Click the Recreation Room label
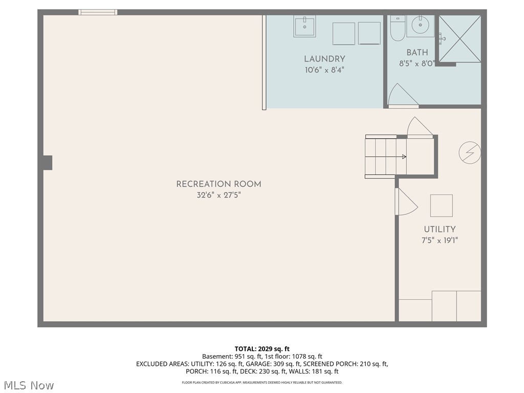pyautogui.click(x=219, y=184)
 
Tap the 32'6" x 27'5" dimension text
pyautogui.click(x=219, y=195)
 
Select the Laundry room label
pyautogui.click(x=324, y=59)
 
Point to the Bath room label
pyautogui.click(x=417, y=52)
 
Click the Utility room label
pyautogui.click(x=439, y=230)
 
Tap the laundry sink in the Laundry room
pyautogui.click(x=304, y=26)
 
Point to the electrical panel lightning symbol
pyautogui.click(x=470, y=152)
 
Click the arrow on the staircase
pyautogui.click(x=403, y=157)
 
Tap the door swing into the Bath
pyautogui.click(x=402, y=96)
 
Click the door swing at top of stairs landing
pyautogui.click(x=420, y=128)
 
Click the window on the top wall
pyautogui.click(x=98, y=12)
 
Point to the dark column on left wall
pyautogui.click(x=47, y=163)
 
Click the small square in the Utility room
pyautogui.click(x=441, y=205)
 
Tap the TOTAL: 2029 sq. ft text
pyautogui.click(x=262, y=349)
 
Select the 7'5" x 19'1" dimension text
pyautogui.click(x=440, y=240)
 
